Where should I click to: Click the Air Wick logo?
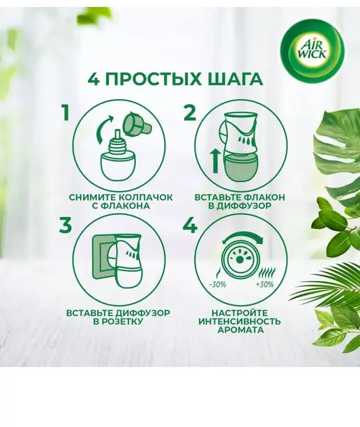[313, 50]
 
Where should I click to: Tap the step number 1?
[66, 113]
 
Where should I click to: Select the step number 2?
[190, 113]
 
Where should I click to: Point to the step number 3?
[66, 226]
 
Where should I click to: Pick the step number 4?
[190, 226]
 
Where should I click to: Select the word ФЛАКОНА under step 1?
[126, 206]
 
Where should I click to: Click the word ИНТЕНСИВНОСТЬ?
[239, 322]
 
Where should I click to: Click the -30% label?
[218, 285]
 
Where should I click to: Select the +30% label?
[264, 285]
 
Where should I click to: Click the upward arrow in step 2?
[216, 162]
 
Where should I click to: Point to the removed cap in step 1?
[136, 125]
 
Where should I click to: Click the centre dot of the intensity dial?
[239, 260]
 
